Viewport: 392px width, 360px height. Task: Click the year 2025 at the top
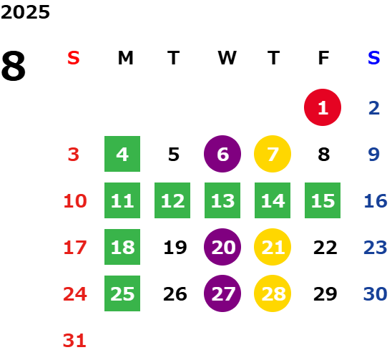[25, 12]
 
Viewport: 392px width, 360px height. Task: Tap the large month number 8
[14, 66]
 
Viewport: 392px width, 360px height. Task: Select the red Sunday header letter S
[74, 58]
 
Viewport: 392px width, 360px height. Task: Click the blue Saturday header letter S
[374, 58]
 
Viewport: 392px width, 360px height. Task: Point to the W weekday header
[227, 58]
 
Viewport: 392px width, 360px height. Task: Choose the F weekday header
[324, 58]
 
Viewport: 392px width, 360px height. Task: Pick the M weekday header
[125, 58]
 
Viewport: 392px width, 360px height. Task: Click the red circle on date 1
[323, 107]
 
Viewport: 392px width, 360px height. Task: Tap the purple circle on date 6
[222, 154]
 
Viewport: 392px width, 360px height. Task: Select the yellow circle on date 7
[273, 154]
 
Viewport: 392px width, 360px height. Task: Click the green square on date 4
[122, 154]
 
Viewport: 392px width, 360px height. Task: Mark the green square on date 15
[323, 200]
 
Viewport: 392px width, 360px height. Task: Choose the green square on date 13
[222, 200]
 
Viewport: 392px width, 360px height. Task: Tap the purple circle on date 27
[222, 293]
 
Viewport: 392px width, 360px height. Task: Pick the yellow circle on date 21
[273, 247]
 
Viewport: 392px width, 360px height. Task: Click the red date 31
[74, 341]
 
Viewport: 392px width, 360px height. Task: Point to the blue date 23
[376, 248]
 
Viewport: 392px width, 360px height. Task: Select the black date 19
[175, 248]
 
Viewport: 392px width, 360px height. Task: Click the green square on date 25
[122, 293]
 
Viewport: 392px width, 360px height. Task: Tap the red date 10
[75, 201]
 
